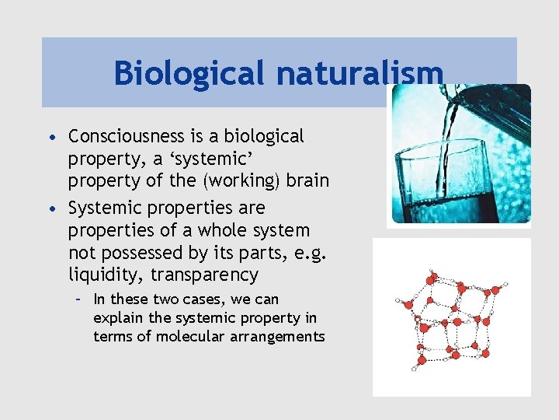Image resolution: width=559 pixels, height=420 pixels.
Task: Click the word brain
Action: click(x=308, y=181)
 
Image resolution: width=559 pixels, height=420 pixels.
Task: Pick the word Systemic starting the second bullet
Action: click(x=102, y=208)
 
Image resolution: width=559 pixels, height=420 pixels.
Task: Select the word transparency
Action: click(x=204, y=275)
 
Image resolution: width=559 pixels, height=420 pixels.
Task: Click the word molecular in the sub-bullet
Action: click(x=185, y=337)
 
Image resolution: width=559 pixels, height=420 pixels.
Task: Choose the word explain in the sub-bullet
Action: click(x=113, y=318)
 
